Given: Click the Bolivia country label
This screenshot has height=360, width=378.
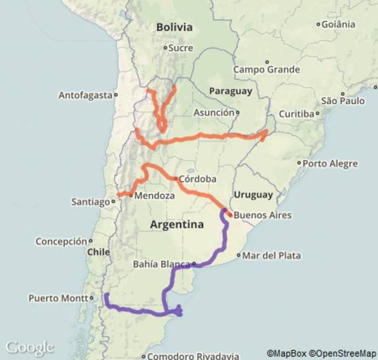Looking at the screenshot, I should click(x=175, y=27).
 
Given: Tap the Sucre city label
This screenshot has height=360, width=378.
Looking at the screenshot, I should click(x=180, y=47).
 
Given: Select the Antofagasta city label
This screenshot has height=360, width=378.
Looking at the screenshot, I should click(x=86, y=95).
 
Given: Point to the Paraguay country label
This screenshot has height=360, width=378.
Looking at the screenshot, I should click(x=230, y=91).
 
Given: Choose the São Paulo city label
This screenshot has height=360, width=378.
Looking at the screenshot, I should click(x=342, y=101).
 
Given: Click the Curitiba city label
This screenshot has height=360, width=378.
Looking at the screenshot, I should click(x=296, y=114).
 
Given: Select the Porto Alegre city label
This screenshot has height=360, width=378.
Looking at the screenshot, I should click(x=331, y=163).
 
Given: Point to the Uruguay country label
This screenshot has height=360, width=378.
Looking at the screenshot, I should click(x=253, y=195).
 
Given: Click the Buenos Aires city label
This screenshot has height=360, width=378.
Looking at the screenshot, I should click(x=262, y=215).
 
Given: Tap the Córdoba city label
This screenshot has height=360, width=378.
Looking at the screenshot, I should click(x=197, y=179).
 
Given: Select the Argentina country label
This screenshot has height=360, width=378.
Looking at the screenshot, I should click(x=176, y=224).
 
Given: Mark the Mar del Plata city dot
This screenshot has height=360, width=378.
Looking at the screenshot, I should click(x=240, y=255).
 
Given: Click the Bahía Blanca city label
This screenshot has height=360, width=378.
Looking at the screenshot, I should click(x=161, y=265).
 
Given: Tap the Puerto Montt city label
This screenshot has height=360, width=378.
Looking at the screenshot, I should click(x=57, y=298).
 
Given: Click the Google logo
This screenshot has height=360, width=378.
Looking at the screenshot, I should click(x=30, y=347).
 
